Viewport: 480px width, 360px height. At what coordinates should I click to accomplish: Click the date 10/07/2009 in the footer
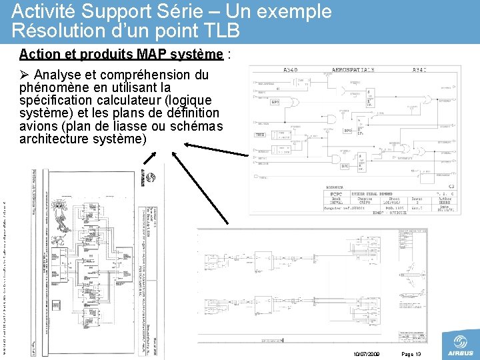(365, 354)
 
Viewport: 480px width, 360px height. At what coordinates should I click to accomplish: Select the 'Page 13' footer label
(413, 354)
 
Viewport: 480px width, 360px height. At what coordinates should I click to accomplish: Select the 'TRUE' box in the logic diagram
(261, 135)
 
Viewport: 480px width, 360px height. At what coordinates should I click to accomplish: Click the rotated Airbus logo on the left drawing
(152, 180)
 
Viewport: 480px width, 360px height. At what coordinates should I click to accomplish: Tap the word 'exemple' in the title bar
(300, 11)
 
